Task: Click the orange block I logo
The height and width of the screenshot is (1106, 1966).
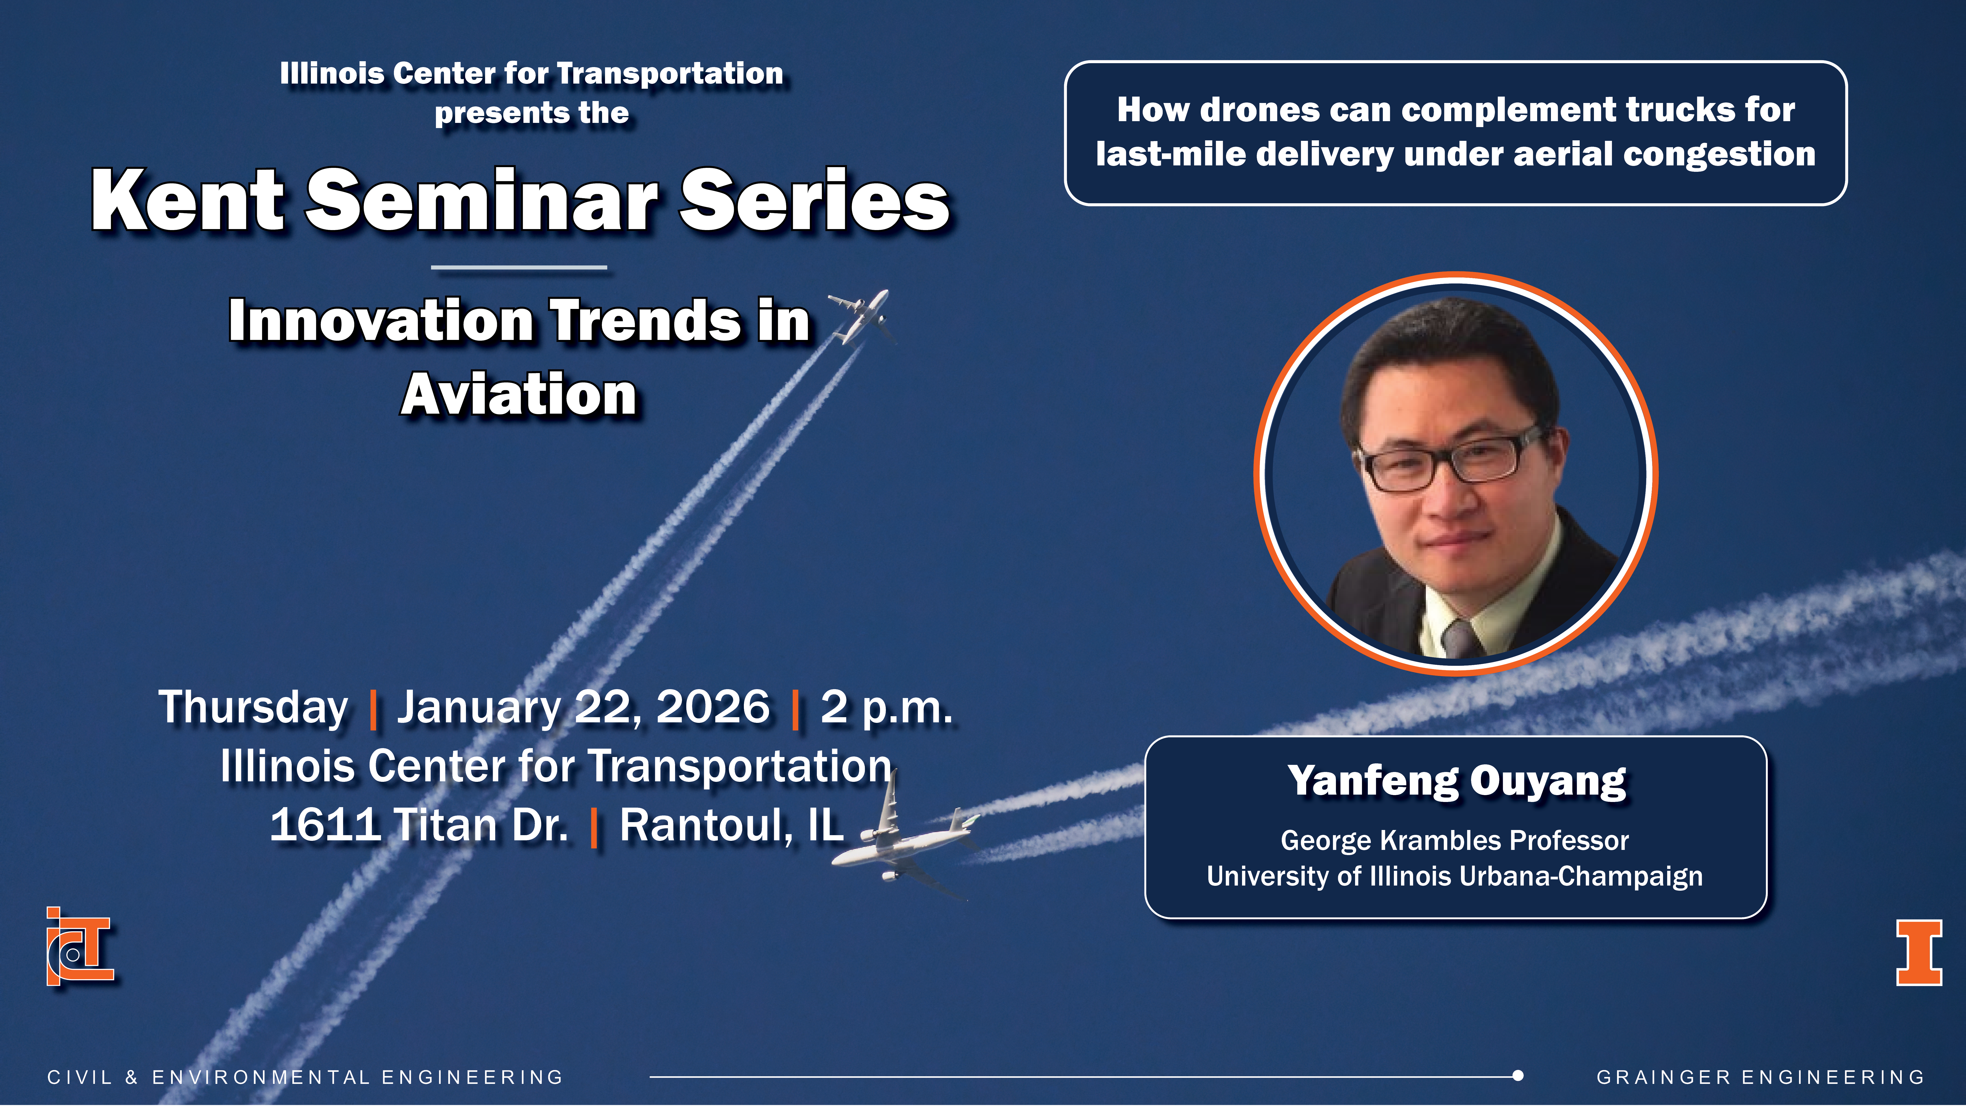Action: pyautogui.click(x=1919, y=953)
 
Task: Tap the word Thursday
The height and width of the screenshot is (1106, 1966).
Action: pyautogui.click(x=253, y=708)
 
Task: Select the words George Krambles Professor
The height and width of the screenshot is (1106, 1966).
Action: pyautogui.click(x=1455, y=840)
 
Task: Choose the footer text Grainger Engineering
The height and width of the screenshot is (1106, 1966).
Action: pyautogui.click(x=1761, y=1077)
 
